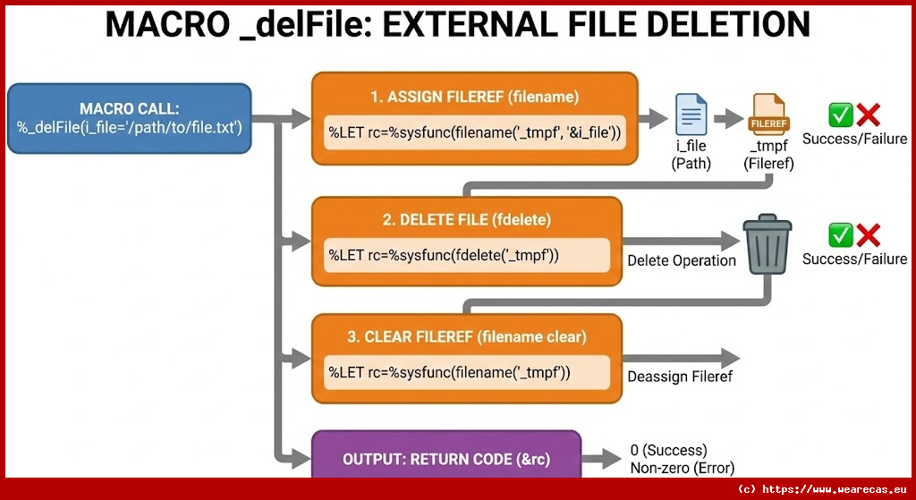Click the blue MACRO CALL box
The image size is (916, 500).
[129, 118]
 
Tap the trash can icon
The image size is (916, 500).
[768, 243]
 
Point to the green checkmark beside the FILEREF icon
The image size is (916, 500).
[841, 114]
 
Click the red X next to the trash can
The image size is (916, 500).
[868, 234]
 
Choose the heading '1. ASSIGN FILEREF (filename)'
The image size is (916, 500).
[474, 97]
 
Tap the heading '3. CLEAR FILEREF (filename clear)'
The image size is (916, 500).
[466, 336]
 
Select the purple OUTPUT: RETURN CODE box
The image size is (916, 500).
[445, 459]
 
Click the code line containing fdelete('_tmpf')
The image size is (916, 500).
[444, 255]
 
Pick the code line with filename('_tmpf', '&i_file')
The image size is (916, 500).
[474, 133]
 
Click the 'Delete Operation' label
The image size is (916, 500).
[681, 260]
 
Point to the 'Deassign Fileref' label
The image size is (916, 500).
[680, 377]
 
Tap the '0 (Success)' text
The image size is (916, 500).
[668, 450]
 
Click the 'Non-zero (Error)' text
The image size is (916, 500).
[682, 468]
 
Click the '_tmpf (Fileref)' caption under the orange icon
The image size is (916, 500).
[768, 156]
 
